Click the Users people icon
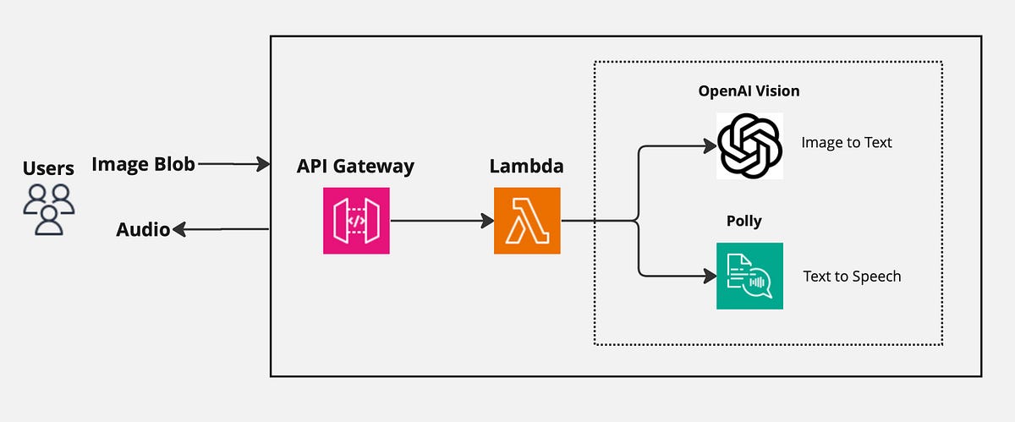(x=48, y=208)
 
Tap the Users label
(x=48, y=168)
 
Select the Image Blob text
(x=143, y=164)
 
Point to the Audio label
(x=143, y=229)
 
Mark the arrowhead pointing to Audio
(x=179, y=229)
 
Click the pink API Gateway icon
(x=356, y=221)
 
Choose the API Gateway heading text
(x=355, y=166)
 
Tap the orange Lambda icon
(x=527, y=221)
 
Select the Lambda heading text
(x=526, y=166)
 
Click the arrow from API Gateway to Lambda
(x=440, y=221)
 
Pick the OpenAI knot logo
(x=749, y=145)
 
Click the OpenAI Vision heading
(x=749, y=91)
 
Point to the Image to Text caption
(x=847, y=142)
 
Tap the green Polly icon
(x=749, y=276)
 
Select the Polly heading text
(x=743, y=222)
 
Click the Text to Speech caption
(x=852, y=277)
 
